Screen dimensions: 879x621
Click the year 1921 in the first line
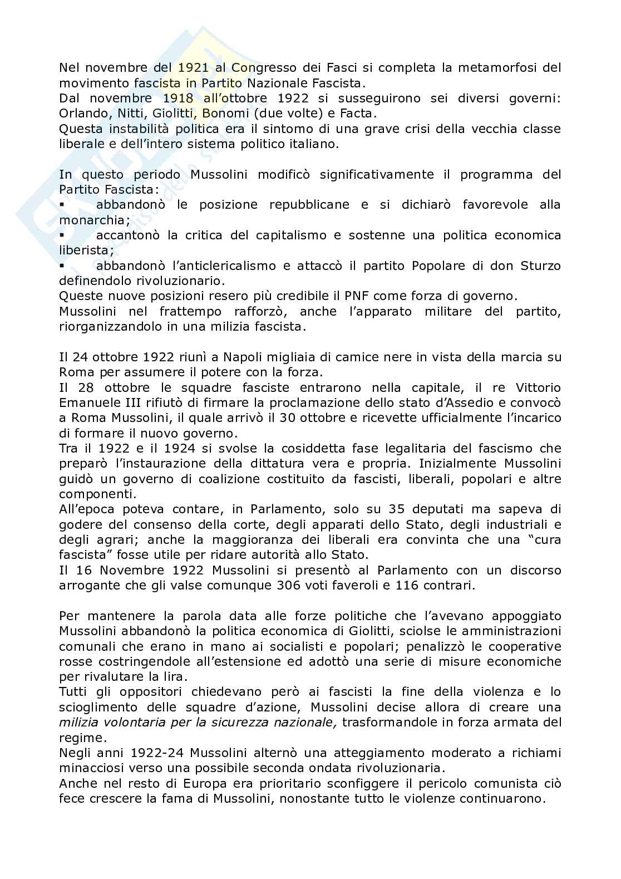(194, 68)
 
